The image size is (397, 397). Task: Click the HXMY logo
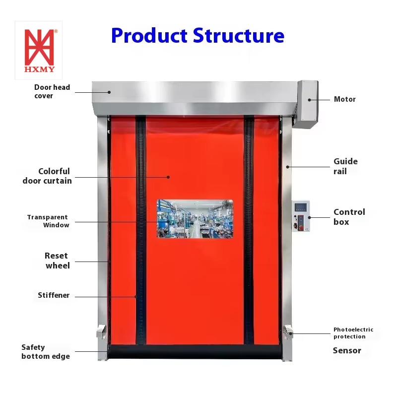click(x=39, y=50)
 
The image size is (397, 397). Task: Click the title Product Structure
click(x=198, y=36)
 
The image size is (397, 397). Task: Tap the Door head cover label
click(x=52, y=91)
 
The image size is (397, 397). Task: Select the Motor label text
click(x=344, y=99)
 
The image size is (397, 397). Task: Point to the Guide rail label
click(x=345, y=166)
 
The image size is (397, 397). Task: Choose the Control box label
click(x=349, y=217)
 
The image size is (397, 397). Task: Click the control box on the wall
click(x=301, y=216)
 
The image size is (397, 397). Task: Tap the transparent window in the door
click(x=195, y=218)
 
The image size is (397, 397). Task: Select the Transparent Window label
click(x=48, y=221)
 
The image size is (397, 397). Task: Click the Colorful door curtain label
click(x=48, y=176)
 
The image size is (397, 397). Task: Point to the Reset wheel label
click(x=57, y=261)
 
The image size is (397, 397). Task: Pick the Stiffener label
click(x=54, y=295)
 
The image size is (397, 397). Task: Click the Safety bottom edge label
click(x=45, y=352)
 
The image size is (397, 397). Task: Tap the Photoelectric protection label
click(x=353, y=333)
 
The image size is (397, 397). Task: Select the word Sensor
click(x=346, y=351)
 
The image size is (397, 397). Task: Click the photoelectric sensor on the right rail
click(x=288, y=331)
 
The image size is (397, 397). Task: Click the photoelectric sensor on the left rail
click(x=102, y=331)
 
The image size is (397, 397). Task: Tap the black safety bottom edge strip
click(x=195, y=352)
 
